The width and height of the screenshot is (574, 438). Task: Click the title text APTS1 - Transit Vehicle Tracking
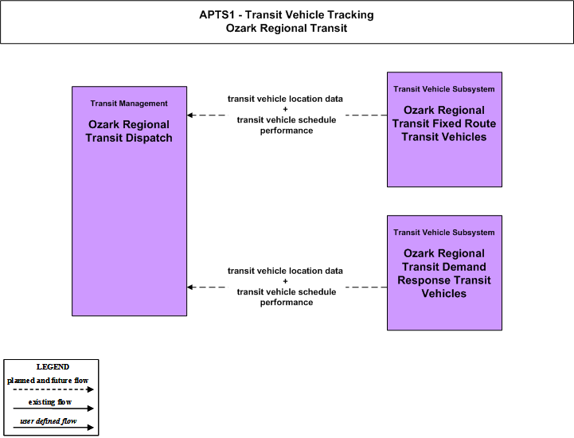point(287,14)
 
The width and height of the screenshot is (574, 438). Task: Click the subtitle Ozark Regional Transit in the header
point(287,28)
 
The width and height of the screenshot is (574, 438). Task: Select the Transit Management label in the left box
point(129,104)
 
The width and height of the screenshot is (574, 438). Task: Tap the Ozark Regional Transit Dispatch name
point(129,131)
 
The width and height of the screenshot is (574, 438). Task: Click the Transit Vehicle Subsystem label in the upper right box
point(444,89)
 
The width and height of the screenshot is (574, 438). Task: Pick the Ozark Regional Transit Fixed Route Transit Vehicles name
point(444,123)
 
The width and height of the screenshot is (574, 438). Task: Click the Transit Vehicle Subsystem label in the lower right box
point(444,233)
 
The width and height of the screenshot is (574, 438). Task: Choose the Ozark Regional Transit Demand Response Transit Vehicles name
point(444,273)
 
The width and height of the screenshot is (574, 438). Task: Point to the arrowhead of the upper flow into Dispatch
point(189,115)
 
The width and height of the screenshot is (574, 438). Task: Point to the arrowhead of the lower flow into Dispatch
point(189,287)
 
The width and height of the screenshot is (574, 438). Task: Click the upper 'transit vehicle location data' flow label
point(285,99)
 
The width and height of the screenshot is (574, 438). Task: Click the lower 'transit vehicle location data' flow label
point(285,271)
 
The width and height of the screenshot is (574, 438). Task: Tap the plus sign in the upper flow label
point(285,109)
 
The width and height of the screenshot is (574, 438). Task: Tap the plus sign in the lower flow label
point(285,281)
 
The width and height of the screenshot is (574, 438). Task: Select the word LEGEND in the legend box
point(53,367)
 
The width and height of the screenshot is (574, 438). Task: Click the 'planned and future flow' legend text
point(48,381)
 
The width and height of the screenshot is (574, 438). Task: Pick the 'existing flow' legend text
point(50,402)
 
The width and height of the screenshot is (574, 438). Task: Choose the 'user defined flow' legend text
point(49,421)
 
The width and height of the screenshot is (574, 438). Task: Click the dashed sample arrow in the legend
point(53,389)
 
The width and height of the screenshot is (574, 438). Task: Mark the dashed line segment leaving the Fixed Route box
point(366,115)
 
